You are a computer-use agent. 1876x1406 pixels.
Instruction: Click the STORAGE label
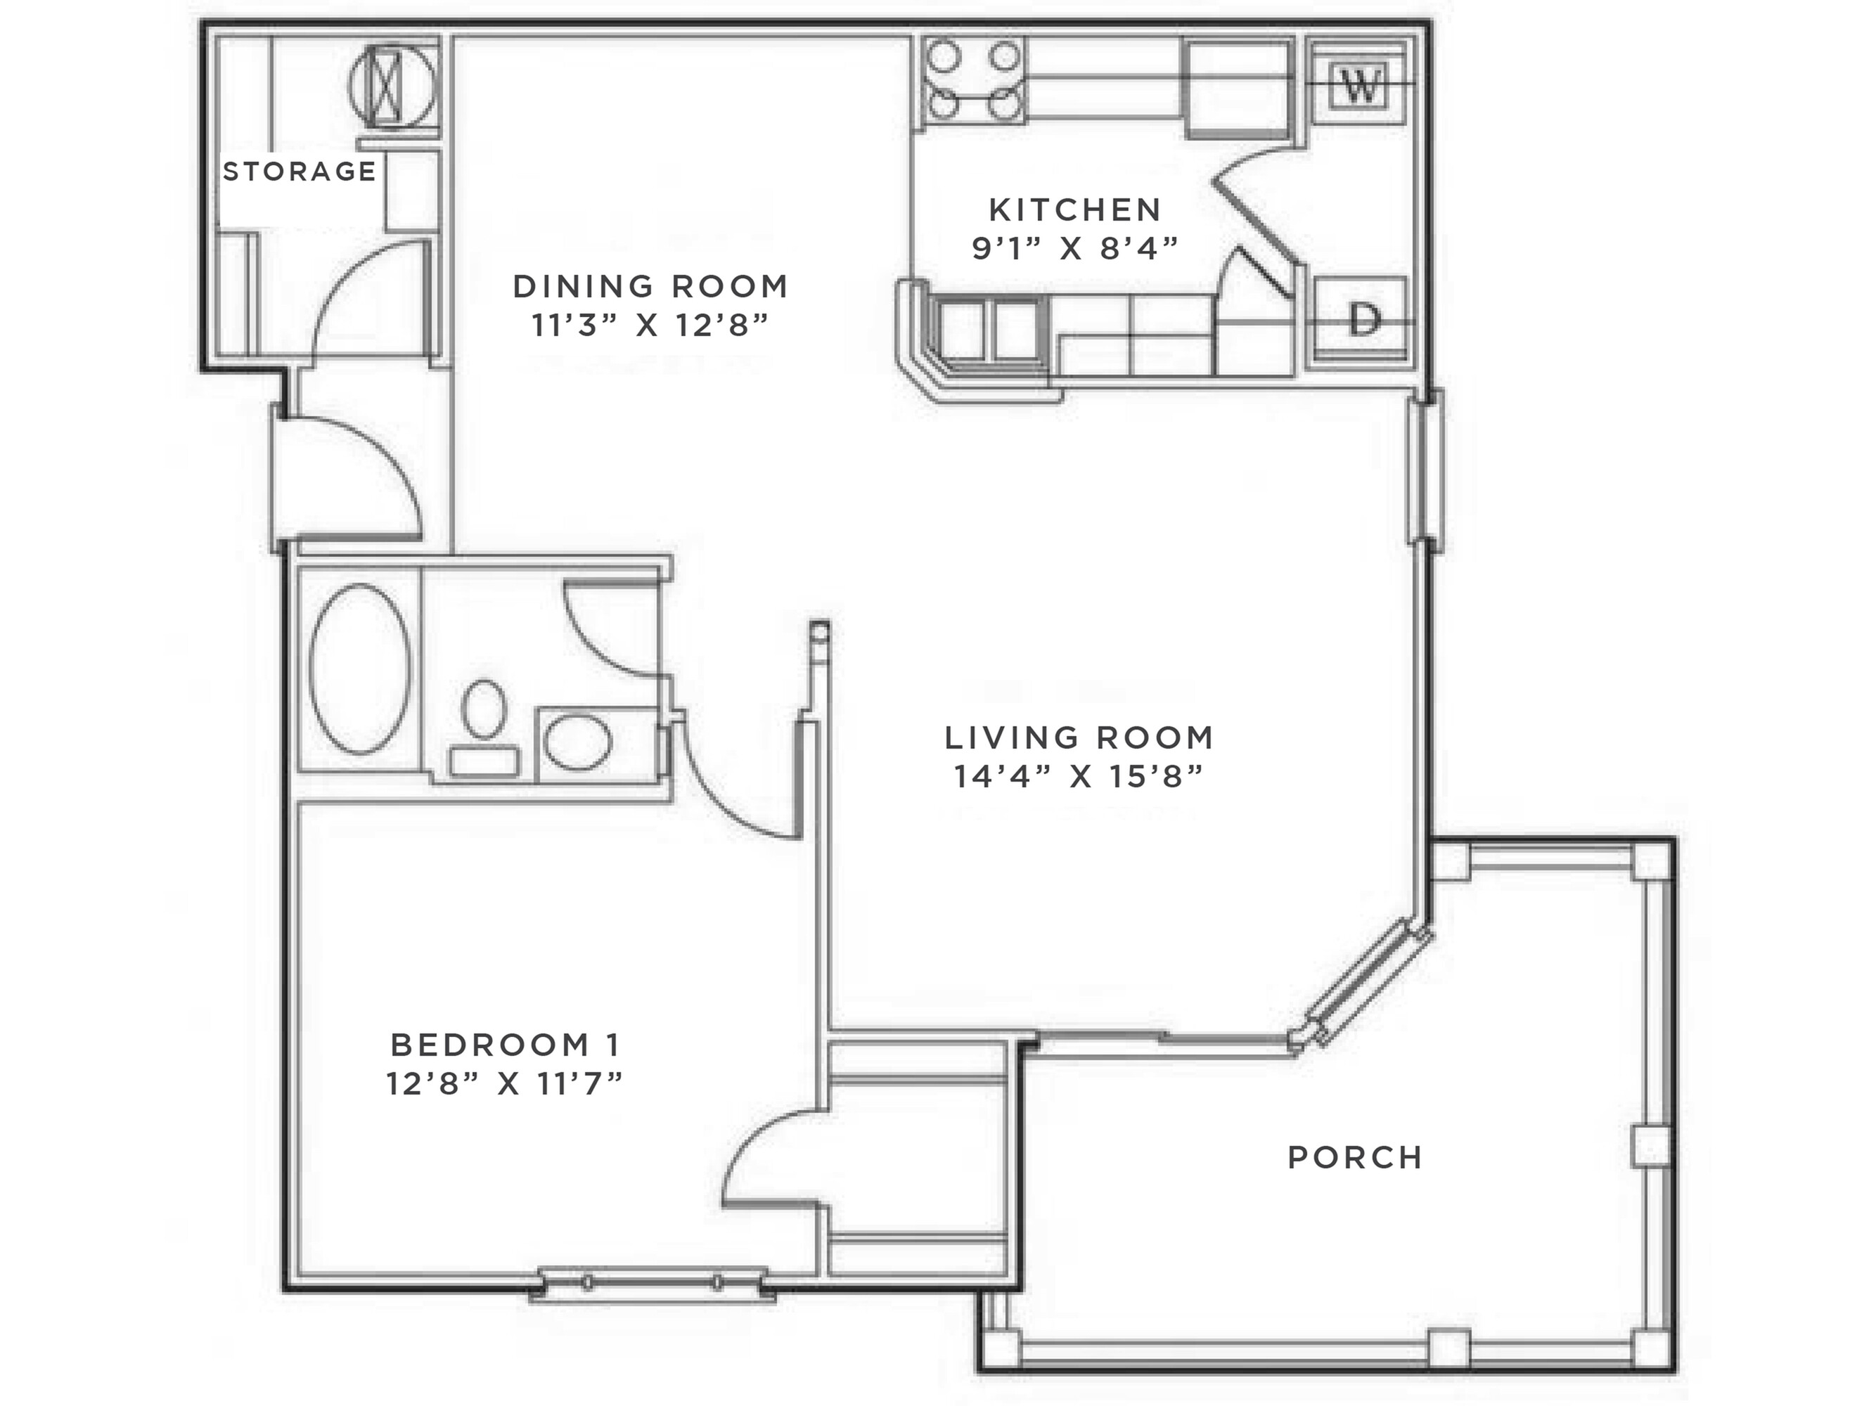pyautogui.click(x=299, y=172)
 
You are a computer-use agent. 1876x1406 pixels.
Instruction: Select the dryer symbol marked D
pyautogui.click(x=1363, y=321)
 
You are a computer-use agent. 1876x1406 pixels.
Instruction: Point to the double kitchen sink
pyautogui.click(x=989, y=330)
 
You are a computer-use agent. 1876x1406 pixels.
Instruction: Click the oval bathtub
pyautogui.click(x=359, y=669)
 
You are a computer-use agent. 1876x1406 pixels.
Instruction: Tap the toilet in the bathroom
pyautogui.click(x=484, y=725)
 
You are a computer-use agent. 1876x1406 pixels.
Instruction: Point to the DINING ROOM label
pyautogui.click(x=650, y=287)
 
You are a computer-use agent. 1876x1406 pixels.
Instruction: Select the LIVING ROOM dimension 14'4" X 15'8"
pyautogui.click(x=1079, y=776)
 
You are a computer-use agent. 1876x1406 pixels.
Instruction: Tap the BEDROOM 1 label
pyautogui.click(x=506, y=1045)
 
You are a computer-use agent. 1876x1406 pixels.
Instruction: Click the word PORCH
pyautogui.click(x=1354, y=1158)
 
